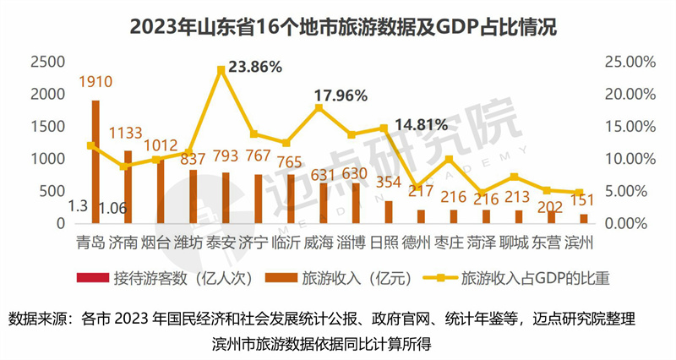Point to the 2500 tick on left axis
click(46, 62)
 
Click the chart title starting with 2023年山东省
click(337, 27)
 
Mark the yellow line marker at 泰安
click(221, 68)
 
